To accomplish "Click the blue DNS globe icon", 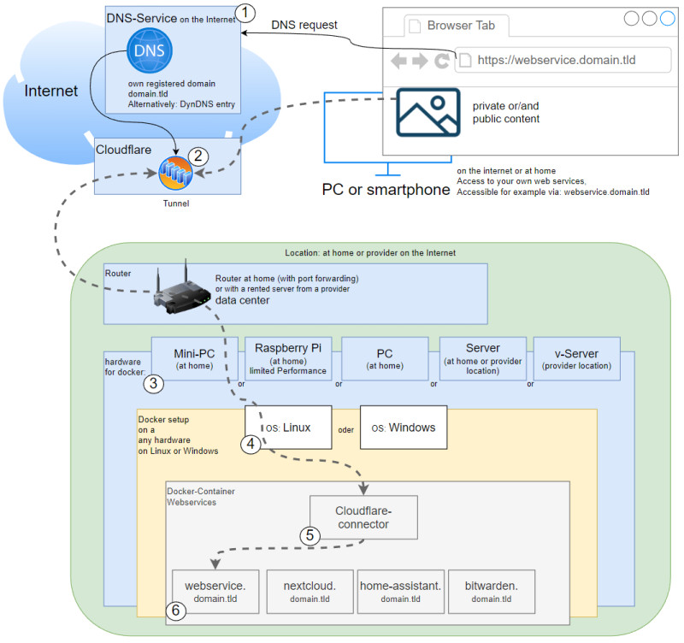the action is click(x=150, y=50).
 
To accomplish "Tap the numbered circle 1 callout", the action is click(x=245, y=13).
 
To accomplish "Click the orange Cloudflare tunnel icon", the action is click(x=175, y=174).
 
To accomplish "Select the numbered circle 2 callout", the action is click(x=198, y=156).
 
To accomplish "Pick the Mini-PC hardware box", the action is click(x=195, y=358).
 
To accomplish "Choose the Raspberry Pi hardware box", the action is click(x=288, y=358).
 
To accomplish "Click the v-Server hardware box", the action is click(x=576, y=358).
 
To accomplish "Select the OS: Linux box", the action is click(x=288, y=428).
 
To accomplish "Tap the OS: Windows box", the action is click(x=404, y=428).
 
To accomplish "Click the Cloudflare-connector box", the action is click(x=363, y=517).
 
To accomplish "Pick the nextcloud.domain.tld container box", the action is click(x=310, y=592).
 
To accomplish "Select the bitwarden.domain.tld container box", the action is click(x=492, y=592).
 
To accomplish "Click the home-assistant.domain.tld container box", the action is click(x=401, y=592).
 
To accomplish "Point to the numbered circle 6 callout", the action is click(x=176, y=611).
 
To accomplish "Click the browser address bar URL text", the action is click(x=557, y=60).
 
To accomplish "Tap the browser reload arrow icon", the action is click(x=442, y=61).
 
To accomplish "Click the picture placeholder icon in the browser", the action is click(x=428, y=113).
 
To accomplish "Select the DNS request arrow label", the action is click(x=304, y=25).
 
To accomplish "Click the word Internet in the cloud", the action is click(x=51, y=91).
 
